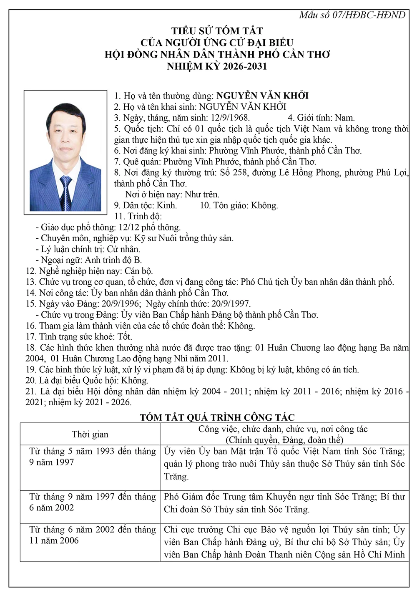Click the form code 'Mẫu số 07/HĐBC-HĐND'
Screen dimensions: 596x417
[x=352, y=15]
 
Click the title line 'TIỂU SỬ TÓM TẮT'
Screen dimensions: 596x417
[x=217, y=31]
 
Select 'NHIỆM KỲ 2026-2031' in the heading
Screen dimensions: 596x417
[x=217, y=66]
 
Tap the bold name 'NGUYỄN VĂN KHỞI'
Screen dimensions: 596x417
[x=262, y=96]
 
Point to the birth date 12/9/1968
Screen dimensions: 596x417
[x=230, y=118]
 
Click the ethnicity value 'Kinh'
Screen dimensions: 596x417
[x=167, y=205]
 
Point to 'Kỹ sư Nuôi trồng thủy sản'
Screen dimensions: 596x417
[x=183, y=238]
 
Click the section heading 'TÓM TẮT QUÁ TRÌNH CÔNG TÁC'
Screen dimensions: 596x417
[x=217, y=417]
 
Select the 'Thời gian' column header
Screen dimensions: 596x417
[x=90, y=434]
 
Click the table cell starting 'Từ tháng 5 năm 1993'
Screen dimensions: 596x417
[x=92, y=457]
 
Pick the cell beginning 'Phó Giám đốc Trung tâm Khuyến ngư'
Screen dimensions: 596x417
[x=284, y=503]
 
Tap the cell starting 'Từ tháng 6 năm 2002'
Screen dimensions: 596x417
[x=92, y=535]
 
